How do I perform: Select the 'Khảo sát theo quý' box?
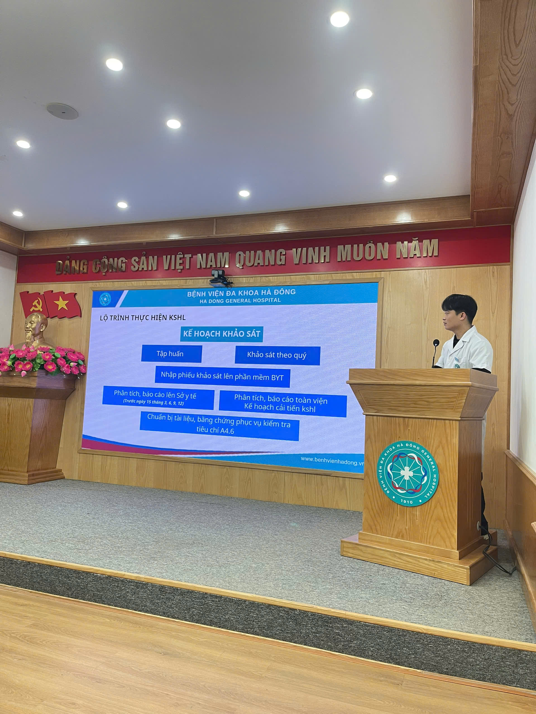click(x=277, y=355)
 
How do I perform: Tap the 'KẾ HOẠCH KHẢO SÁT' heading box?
click(x=222, y=334)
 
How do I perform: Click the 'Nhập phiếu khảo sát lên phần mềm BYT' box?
click(x=222, y=376)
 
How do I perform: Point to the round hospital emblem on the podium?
click(x=408, y=474)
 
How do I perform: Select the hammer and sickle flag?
click(x=33, y=304)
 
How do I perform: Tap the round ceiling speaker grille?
click(x=62, y=111)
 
